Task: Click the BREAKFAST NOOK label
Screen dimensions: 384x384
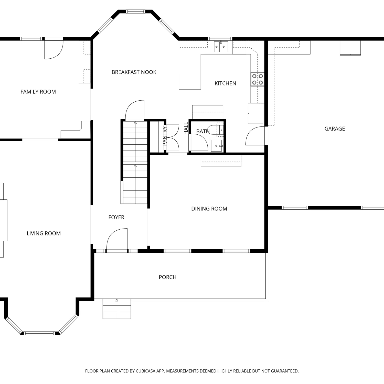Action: pos(134,72)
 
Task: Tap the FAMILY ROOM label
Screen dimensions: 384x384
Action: pos(38,92)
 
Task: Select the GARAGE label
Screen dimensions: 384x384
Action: pos(335,129)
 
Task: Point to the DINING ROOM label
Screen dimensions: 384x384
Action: pos(209,209)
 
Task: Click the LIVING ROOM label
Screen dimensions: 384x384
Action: pos(44,233)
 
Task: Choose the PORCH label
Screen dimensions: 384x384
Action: pos(168,277)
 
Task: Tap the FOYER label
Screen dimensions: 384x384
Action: pos(116,217)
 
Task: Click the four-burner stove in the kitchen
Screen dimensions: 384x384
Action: pos(258,79)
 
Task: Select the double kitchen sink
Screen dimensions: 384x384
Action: pos(221,47)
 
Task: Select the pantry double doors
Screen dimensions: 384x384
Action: pos(172,137)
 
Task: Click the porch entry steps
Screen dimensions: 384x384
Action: pos(117,309)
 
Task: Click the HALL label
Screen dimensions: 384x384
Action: pos(186,128)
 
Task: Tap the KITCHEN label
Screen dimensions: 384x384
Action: pos(225,83)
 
